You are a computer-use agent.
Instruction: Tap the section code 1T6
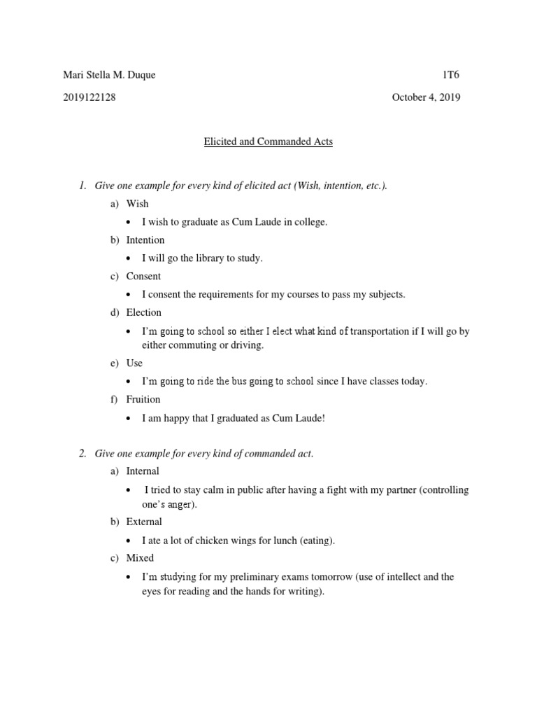pos(452,76)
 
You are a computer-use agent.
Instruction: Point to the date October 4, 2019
pos(426,98)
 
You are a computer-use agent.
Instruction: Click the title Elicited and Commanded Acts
pos(268,142)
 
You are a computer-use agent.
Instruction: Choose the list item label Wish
pos(137,204)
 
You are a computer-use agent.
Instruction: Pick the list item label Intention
pos(145,240)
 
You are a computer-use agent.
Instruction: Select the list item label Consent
pos(143,277)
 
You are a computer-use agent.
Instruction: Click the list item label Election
pos(144,313)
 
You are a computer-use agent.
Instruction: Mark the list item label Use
pos(134,363)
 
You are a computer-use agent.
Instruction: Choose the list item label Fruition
pos(143,400)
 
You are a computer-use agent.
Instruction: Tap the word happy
pos(181,418)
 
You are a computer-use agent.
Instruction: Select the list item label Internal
pos(143,471)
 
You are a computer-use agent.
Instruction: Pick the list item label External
pos(144,522)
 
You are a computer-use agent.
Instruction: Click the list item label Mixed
pos(140,559)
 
